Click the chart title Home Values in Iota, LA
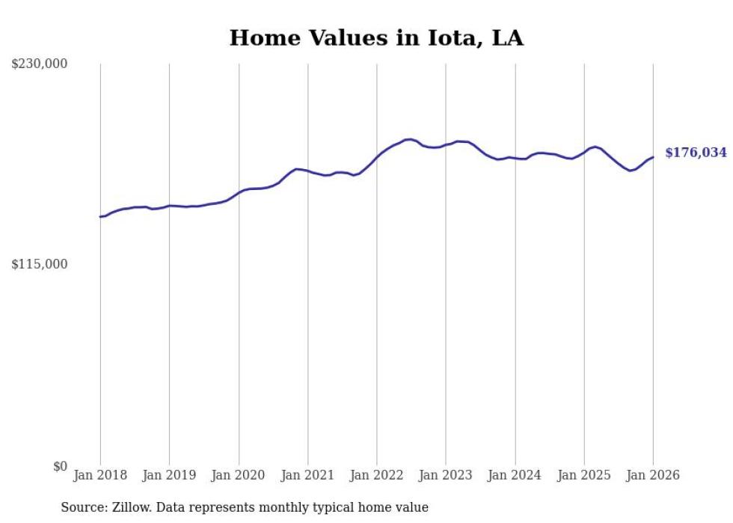376,38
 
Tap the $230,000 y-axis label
40,64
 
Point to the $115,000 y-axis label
40,264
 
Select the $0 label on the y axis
60,466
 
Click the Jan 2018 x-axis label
100,475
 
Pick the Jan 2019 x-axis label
169,475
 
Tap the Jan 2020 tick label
239,475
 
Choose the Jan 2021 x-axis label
307,475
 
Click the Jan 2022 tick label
377,475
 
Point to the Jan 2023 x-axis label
446,475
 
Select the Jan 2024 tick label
515,475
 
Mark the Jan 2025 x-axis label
584,475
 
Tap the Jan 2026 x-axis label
653,475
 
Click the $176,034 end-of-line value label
696,153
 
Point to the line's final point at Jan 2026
653,157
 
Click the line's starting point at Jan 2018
100,217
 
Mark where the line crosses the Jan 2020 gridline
239,192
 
